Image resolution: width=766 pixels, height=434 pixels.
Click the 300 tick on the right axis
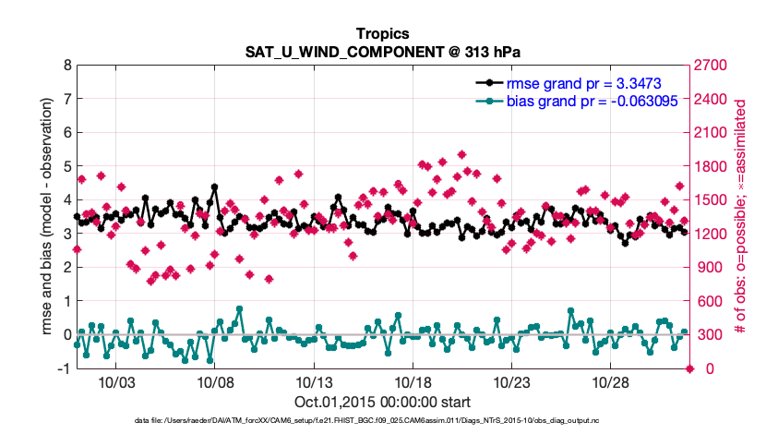[706, 335]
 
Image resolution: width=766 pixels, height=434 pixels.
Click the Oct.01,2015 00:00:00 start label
[382, 402]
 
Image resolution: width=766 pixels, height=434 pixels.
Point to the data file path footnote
[382, 421]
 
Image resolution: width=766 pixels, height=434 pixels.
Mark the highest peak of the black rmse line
[214, 187]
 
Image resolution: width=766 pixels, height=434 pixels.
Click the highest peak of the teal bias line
[239, 308]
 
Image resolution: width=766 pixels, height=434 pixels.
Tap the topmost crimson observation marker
[461, 154]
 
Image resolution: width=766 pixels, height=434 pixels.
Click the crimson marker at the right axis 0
[689, 368]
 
